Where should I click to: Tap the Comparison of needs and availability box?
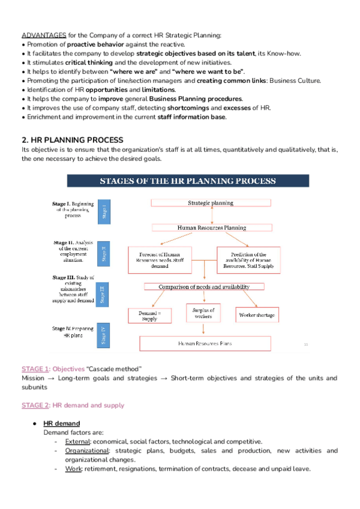tap(203, 287)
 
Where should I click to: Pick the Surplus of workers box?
tap(203, 313)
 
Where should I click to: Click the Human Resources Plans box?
tap(205, 343)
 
